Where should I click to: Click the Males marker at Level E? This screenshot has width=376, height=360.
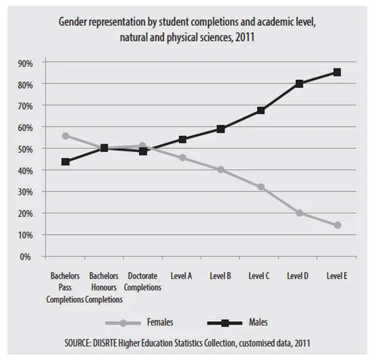[x=337, y=72]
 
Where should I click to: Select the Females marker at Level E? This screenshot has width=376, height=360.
[x=337, y=225]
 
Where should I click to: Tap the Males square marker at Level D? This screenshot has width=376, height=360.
[x=299, y=83]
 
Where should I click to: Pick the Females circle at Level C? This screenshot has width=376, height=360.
[x=260, y=187]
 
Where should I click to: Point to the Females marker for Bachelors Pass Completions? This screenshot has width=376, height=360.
[x=65, y=135]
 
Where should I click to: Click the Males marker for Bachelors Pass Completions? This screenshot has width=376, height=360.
[x=65, y=162]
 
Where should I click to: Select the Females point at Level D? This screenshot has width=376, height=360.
[x=299, y=213]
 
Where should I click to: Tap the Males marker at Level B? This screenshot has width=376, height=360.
[x=221, y=129]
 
